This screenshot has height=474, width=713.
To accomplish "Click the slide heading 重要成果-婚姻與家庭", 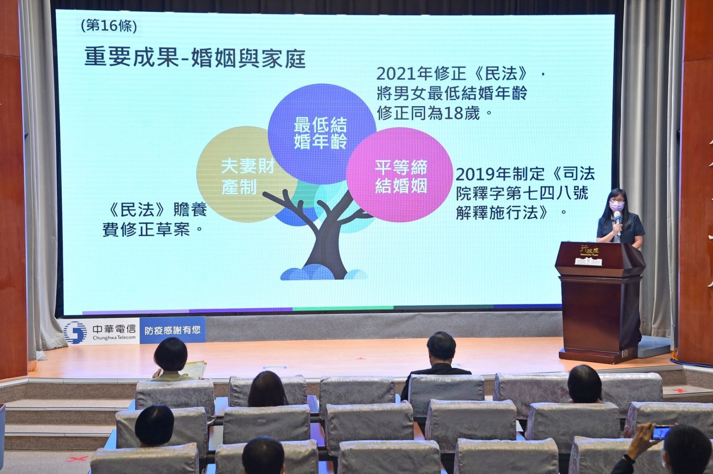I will pos(195,57).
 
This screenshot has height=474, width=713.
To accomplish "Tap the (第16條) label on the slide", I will pos(108,26).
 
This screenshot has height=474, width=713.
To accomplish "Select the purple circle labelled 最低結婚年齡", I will pos(321,122).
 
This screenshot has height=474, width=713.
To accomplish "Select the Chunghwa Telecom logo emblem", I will pos(75,332).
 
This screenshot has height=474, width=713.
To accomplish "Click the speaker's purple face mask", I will pos(616,205).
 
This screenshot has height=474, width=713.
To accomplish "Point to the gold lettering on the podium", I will pos(589,250).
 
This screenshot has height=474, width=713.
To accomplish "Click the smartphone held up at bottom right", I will pos(661,433).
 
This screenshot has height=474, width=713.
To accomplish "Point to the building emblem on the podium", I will pos(588,261).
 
